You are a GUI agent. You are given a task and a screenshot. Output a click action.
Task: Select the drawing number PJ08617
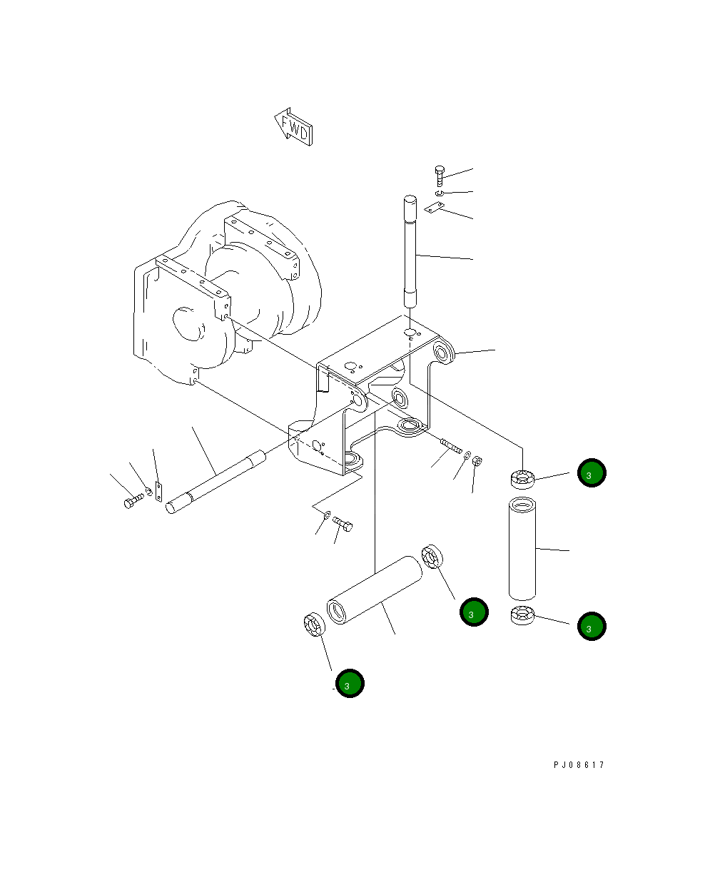pos(578,765)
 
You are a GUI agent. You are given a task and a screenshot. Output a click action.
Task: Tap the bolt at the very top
pos(440,175)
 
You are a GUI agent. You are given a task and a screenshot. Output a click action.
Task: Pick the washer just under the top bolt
pos(440,193)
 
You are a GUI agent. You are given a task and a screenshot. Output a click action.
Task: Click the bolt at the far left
pos(132,502)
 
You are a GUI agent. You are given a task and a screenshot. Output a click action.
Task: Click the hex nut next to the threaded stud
pos(479,462)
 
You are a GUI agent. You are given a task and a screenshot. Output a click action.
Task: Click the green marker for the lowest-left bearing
pos(350,684)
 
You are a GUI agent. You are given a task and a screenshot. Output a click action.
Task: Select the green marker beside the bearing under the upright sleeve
pos(592,626)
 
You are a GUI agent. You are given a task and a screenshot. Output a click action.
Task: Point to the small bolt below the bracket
pos(343,525)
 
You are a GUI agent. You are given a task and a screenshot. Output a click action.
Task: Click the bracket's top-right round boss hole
pos(443,353)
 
